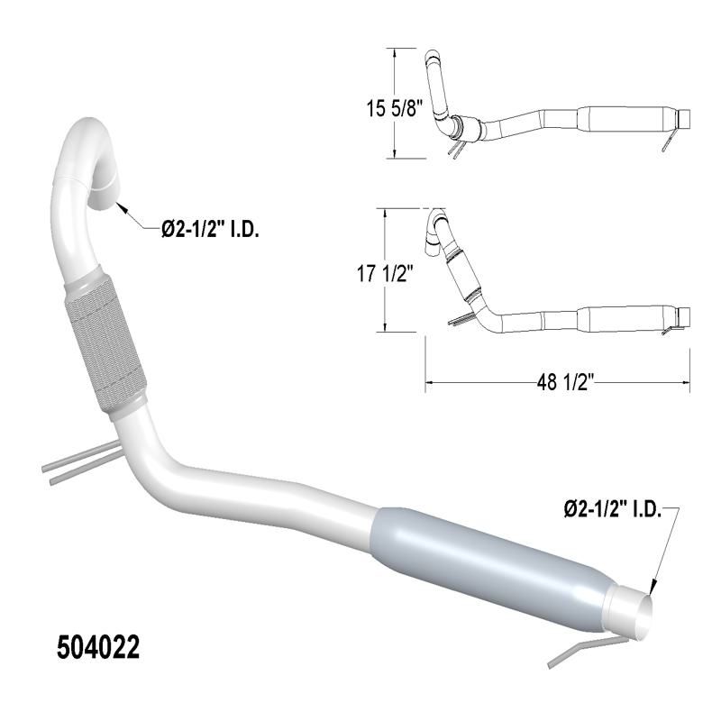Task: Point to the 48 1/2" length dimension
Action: pos(558,383)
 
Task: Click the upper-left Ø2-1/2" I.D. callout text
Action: pos(210,230)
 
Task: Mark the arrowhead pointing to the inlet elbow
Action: pos(121,205)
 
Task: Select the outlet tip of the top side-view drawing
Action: pos(685,118)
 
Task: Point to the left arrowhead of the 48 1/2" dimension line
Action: pos(429,383)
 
